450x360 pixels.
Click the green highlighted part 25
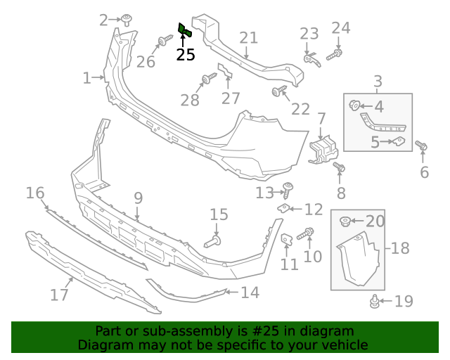click(184, 30)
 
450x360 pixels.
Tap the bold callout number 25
click(186, 55)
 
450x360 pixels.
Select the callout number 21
click(249, 38)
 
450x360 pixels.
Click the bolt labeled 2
click(127, 19)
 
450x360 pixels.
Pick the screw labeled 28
click(209, 79)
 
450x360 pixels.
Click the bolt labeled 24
click(337, 53)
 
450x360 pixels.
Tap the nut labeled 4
click(354, 106)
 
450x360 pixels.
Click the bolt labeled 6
click(422, 146)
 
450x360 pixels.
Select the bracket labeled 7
click(323, 150)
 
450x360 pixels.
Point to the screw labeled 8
click(338, 168)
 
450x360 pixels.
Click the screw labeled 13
click(288, 189)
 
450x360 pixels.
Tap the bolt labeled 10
click(307, 233)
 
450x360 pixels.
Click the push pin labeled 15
click(213, 241)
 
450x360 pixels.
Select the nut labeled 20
click(346, 222)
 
